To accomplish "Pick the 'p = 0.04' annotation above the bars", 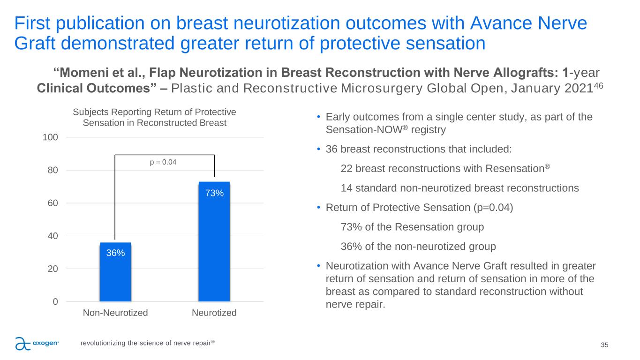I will click(164, 162).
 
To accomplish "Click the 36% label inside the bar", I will click(115, 253).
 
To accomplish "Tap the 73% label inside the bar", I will click(214, 193).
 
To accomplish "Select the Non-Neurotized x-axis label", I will click(115, 313).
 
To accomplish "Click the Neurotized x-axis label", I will click(214, 313).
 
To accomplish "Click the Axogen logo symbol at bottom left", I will click(23, 344).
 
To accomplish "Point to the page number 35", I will click(604, 345).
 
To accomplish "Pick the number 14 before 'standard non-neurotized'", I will click(346, 188).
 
